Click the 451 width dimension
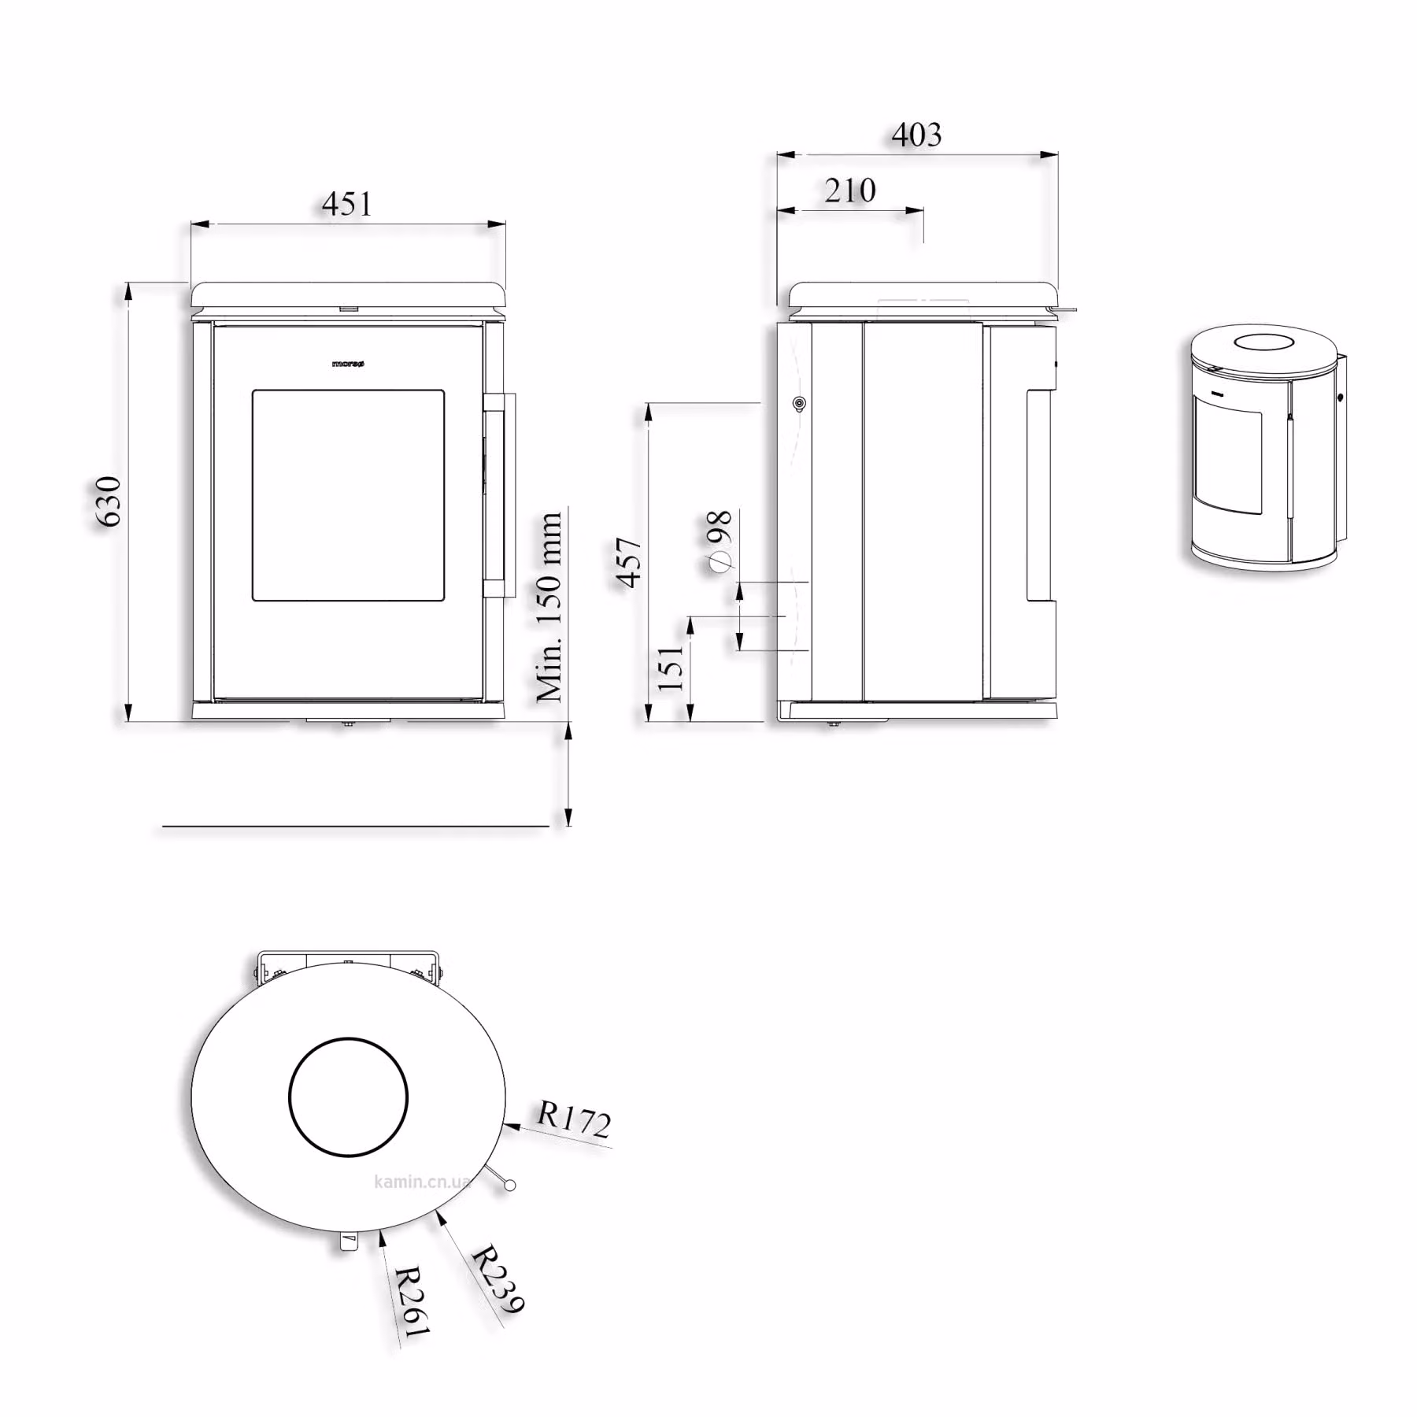(x=346, y=204)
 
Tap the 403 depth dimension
(x=916, y=135)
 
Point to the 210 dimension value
(x=850, y=191)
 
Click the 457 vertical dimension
(x=630, y=562)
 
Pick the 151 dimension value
(x=671, y=668)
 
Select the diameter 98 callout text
(x=720, y=539)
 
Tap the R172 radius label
(x=574, y=1119)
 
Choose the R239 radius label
(x=498, y=1278)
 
